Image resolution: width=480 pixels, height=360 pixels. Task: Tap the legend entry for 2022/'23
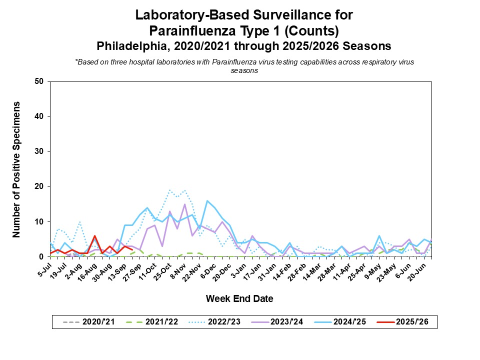coord(215,322)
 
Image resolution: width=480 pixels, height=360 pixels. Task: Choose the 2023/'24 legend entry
coord(280,322)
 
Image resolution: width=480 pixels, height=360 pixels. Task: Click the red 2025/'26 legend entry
coord(408,322)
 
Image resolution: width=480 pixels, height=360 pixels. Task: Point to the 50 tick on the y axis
coord(39,81)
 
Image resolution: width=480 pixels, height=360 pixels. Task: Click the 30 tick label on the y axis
coord(39,151)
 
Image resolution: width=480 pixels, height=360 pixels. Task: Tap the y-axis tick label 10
coord(39,221)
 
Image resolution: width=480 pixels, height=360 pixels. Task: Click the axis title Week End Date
coord(240,299)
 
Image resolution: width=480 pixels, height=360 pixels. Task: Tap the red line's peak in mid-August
coord(94,236)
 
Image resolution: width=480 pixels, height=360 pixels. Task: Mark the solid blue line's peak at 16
coord(207,201)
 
